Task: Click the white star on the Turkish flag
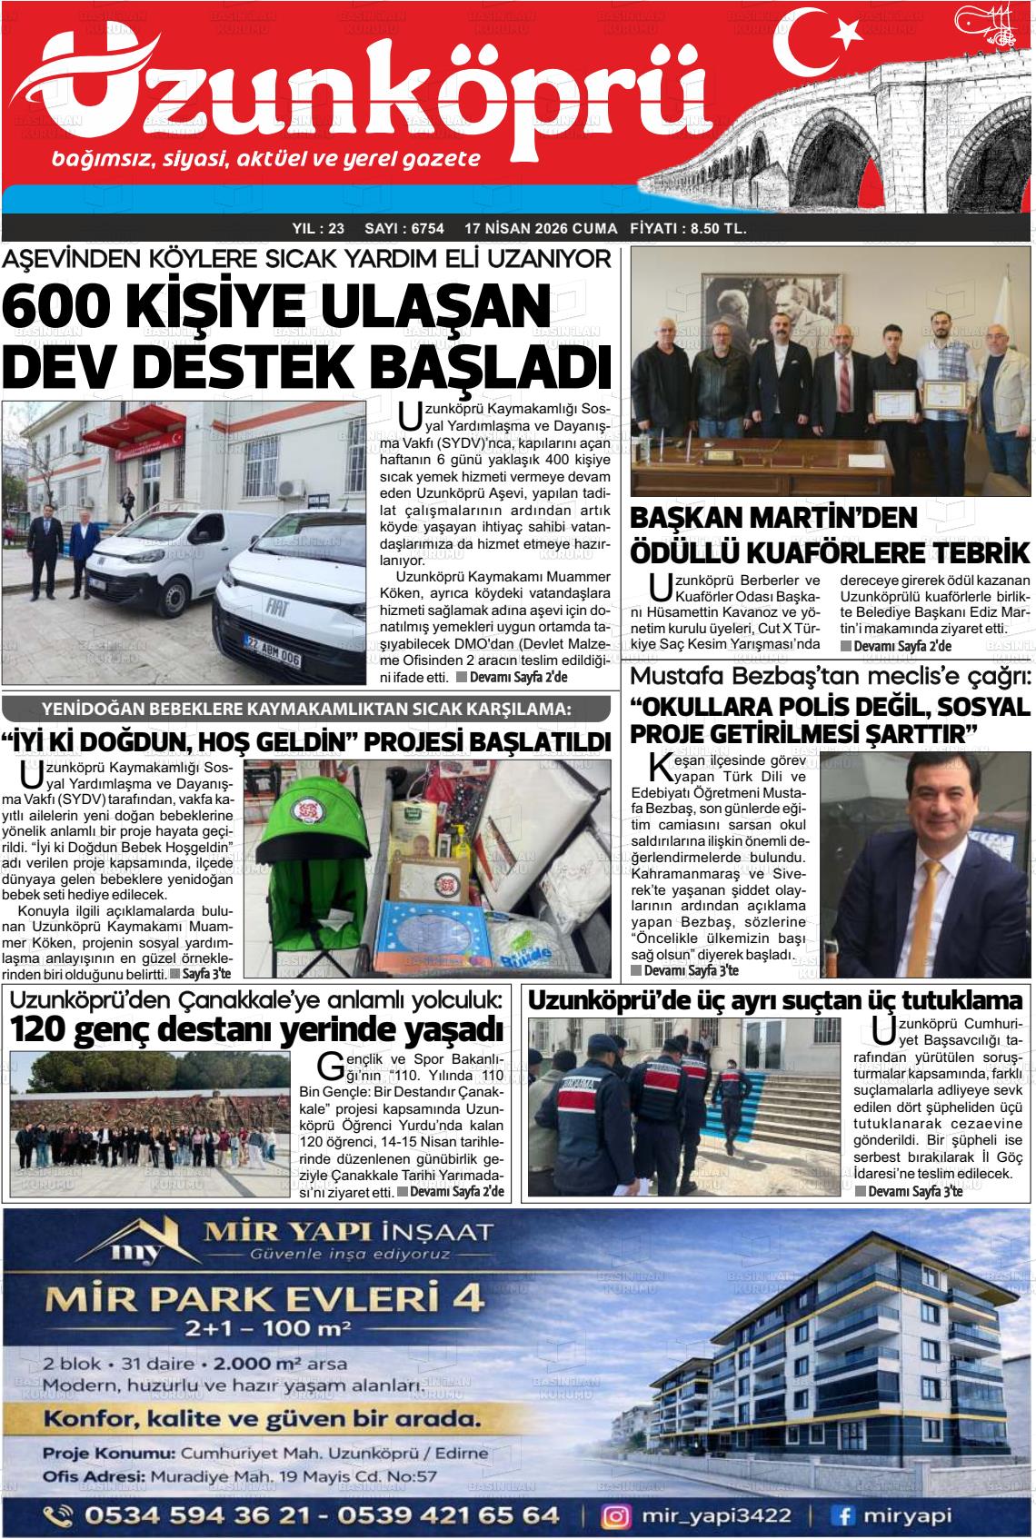847,34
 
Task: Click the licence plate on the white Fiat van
272,659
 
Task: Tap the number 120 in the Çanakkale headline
41,1030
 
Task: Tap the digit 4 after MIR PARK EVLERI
468,1299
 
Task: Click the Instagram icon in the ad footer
617,1514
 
